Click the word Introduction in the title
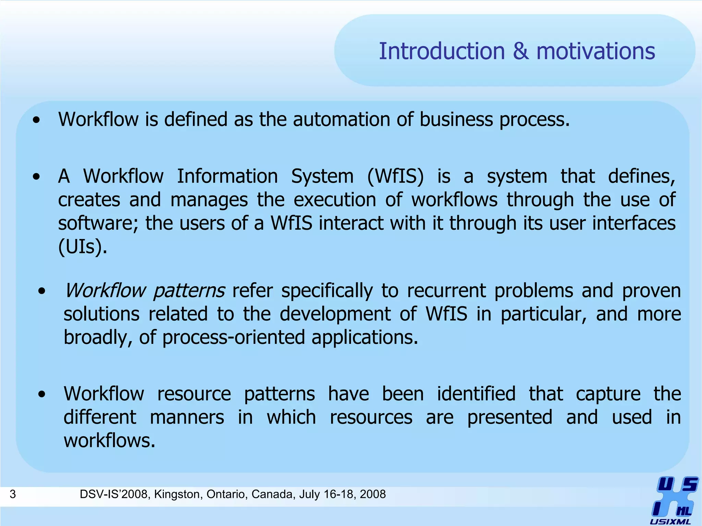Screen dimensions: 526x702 442,51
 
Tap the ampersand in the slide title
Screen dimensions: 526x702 521,51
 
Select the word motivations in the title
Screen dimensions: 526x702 595,51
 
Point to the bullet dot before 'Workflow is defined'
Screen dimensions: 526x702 36,120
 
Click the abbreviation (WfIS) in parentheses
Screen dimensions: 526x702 395,177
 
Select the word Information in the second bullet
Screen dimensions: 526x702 227,177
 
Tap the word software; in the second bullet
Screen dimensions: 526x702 98,223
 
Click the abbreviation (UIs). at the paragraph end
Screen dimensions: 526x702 83,247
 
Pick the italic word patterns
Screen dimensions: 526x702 189,291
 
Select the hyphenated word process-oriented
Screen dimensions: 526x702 233,338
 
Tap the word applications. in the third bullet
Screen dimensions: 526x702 365,338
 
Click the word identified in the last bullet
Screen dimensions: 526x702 476,394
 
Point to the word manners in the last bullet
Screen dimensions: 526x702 187,417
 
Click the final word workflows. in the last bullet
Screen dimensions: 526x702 109,441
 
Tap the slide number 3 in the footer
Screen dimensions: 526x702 13,494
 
